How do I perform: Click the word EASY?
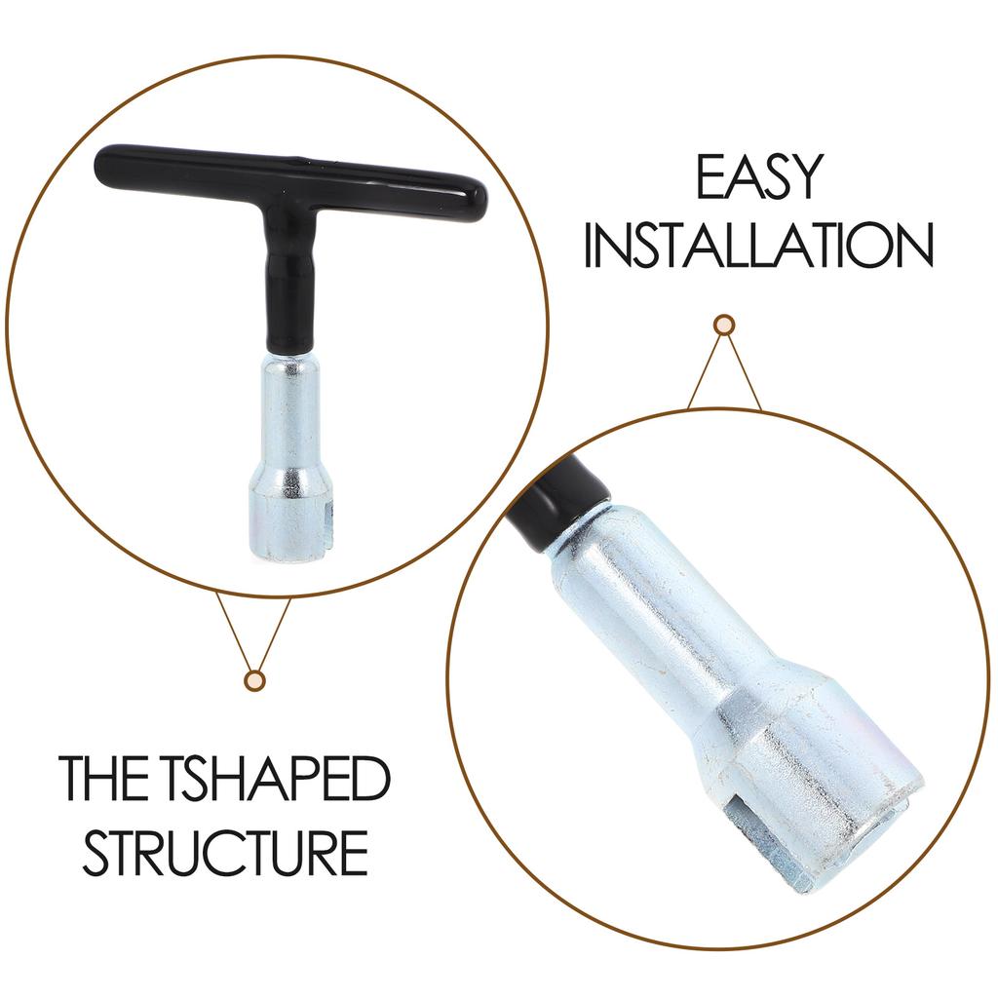point(760,177)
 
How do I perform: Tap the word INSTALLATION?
point(758,245)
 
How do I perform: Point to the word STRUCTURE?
point(225,853)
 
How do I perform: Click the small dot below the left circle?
point(254,680)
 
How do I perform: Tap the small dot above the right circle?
point(724,326)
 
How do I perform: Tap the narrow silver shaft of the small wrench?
point(290,413)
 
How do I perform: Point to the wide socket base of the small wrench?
point(290,518)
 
